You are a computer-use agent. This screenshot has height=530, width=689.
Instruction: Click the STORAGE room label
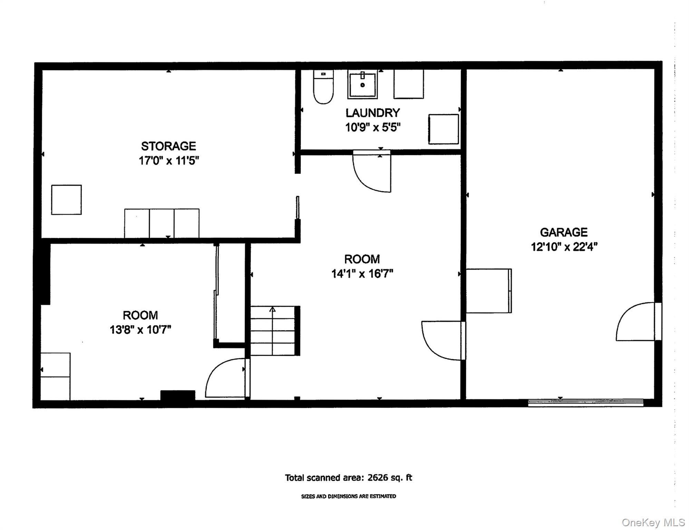coord(168,146)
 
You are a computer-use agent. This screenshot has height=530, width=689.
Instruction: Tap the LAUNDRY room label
coord(373,113)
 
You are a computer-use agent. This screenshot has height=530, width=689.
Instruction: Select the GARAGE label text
coord(564,232)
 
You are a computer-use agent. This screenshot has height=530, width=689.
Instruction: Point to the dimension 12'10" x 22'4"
coord(564,247)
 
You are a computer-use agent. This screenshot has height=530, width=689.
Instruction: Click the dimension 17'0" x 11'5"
coord(169,161)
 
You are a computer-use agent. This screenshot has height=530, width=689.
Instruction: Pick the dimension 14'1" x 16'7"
coord(362,274)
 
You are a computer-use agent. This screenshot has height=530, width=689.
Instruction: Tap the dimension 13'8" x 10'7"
coord(140,330)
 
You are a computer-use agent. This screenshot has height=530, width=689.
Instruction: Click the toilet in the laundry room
coord(323,87)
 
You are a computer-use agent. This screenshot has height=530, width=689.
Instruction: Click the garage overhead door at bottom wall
coord(586,402)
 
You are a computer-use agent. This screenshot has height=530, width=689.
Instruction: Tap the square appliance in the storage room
coord(66,200)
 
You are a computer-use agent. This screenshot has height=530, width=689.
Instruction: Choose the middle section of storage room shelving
coord(162,223)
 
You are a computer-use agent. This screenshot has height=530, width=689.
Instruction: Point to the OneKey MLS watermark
coord(653,522)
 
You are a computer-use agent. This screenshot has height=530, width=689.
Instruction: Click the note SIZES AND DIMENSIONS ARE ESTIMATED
coord(349,496)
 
